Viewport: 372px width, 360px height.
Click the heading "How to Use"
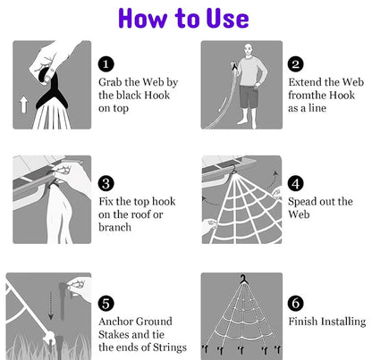(183, 18)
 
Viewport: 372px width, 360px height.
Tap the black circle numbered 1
(106, 64)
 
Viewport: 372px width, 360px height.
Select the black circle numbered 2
(295, 64)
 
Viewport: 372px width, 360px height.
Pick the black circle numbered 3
(106, 183)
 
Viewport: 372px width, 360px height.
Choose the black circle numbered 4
(295, 183)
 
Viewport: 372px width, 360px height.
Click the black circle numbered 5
(106, 304)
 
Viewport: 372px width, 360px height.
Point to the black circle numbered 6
(295, 304)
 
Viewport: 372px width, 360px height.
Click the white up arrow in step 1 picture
(23, 105)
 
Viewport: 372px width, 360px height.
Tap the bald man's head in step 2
(248, 49)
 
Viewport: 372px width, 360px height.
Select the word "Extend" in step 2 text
(305, 82)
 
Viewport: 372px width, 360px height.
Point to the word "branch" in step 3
(114, 227)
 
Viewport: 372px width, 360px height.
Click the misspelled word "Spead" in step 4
(300, 202)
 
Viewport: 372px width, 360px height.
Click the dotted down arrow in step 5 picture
(51, 306)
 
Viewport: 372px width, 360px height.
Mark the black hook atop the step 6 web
(244, 280)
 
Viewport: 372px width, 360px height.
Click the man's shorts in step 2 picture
(249, 96)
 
